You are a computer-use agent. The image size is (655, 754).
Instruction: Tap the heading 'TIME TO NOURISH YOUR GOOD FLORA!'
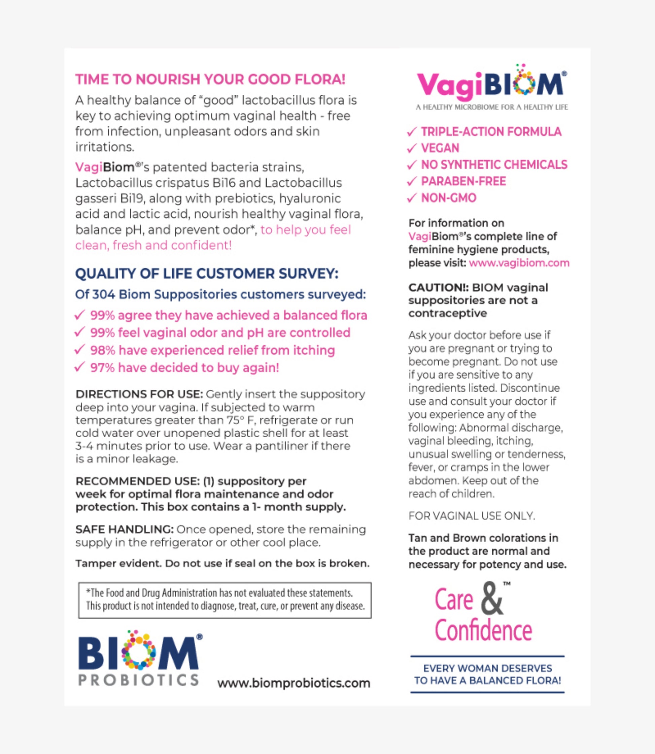210,80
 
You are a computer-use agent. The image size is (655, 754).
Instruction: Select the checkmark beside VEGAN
412,148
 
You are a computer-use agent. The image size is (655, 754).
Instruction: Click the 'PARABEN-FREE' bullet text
463,181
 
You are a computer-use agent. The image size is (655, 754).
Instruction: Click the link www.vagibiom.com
519,263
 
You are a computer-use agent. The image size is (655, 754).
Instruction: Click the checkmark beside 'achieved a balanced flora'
80,315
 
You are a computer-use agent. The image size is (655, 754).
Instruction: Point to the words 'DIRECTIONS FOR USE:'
139,394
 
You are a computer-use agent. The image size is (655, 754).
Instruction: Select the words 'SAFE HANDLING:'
124,529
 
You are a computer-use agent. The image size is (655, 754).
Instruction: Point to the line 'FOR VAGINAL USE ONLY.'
472,516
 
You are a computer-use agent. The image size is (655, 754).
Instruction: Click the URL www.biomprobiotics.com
294,683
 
